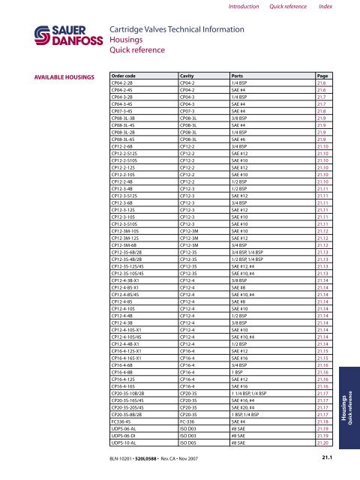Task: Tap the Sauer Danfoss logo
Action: (x=46, y=35)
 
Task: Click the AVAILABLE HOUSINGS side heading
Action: (x=56, y=76)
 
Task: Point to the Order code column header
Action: (x=125, y=76)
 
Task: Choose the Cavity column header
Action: (x=187, y=76)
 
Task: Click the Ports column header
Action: (x=241, y=76)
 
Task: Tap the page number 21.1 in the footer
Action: (x=327, y=454)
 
